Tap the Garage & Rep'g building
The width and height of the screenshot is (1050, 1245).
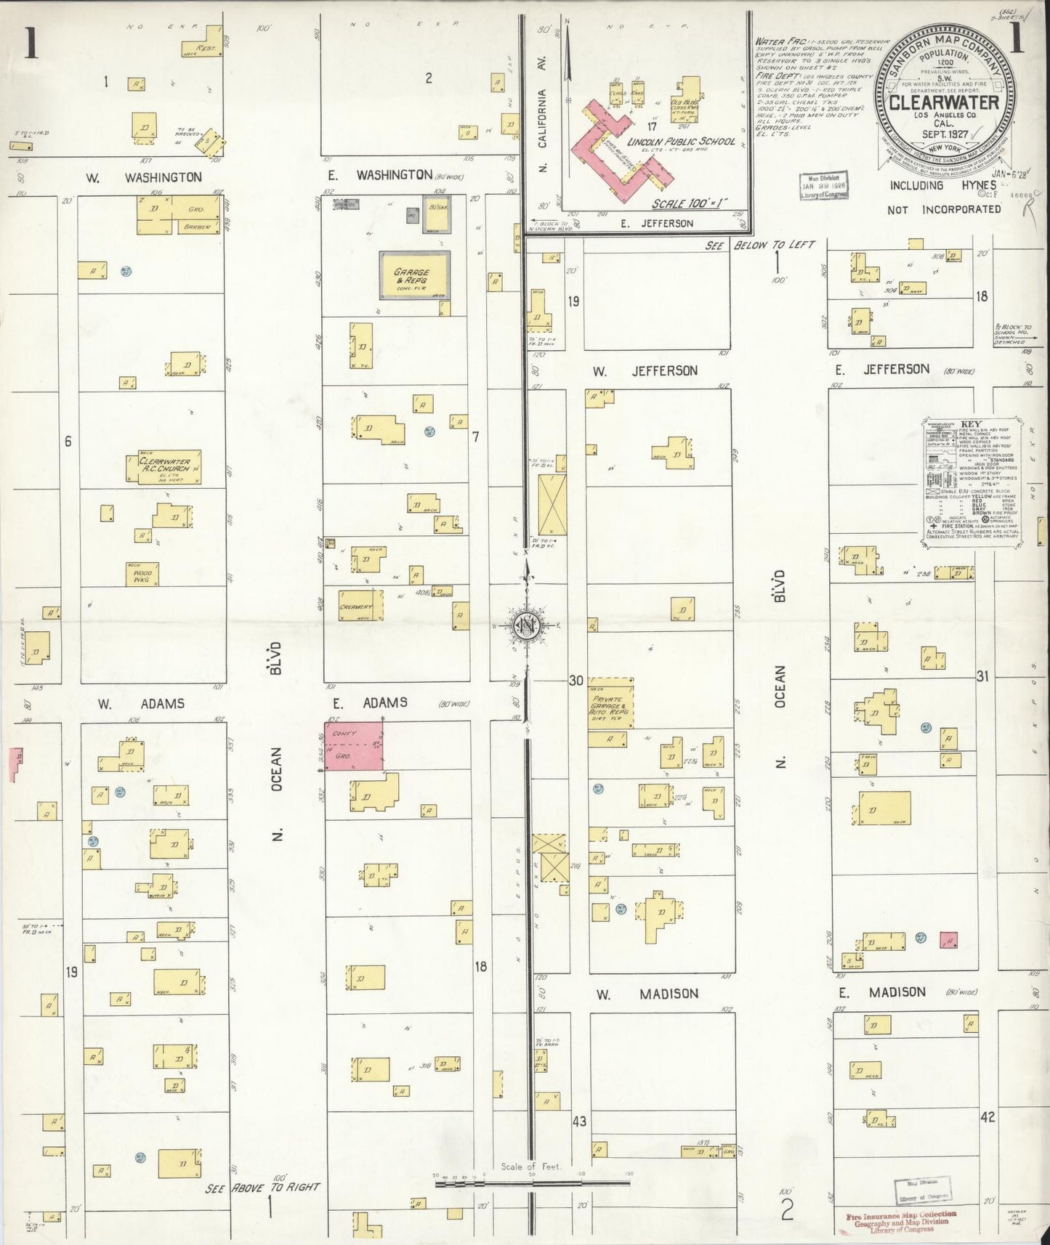[x=413, y=276]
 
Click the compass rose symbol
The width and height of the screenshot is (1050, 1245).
[x=525, y=625]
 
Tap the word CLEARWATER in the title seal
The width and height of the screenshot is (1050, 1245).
[x=944, y=102]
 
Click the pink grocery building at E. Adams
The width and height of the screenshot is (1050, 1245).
[x=354, y=745]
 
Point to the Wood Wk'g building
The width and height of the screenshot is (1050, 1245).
[x=142, y=574]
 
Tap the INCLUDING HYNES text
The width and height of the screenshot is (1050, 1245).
[x=942, y=185]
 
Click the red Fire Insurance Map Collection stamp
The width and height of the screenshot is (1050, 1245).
[x=900, y=1221]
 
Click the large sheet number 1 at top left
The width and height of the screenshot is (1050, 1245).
[x=31, y=44]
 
